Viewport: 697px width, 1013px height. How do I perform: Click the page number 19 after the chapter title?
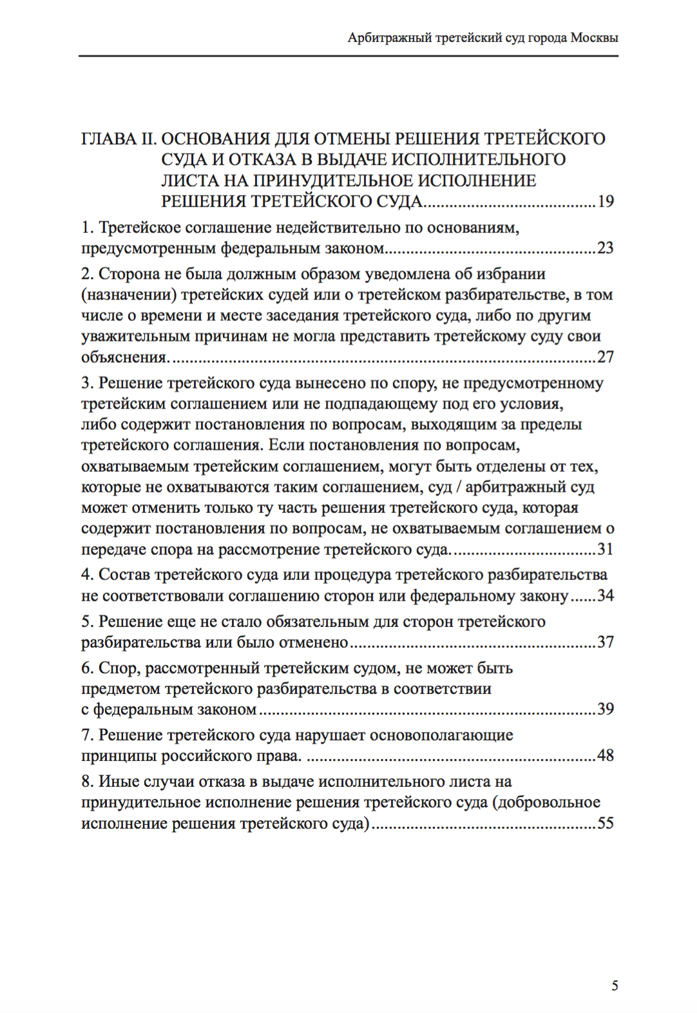click(606, 202)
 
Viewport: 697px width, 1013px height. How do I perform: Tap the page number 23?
click(606, 248)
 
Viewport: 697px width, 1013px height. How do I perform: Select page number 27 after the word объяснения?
click(606, 357)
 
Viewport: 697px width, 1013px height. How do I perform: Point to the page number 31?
click(606, 550)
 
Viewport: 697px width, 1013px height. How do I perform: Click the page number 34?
click(606, 596)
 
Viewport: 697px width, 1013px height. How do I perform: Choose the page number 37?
click(606, 642)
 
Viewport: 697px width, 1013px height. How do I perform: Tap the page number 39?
click(606, 709)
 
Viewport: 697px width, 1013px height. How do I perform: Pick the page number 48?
click(606, 756)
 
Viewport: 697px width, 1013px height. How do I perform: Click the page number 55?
click(606, 824)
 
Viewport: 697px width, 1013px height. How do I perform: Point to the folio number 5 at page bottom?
click(615, 986)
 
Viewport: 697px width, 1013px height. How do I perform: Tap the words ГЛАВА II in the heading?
click(119, 139)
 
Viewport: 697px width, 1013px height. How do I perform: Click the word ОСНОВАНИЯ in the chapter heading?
click(215, 139)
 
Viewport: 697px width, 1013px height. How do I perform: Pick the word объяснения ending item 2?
click(124, 357)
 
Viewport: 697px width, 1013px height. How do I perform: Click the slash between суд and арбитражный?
click(458, 488)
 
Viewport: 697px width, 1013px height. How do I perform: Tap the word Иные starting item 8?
click(115, 782)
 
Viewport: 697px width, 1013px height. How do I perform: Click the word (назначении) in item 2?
click(128, 295)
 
